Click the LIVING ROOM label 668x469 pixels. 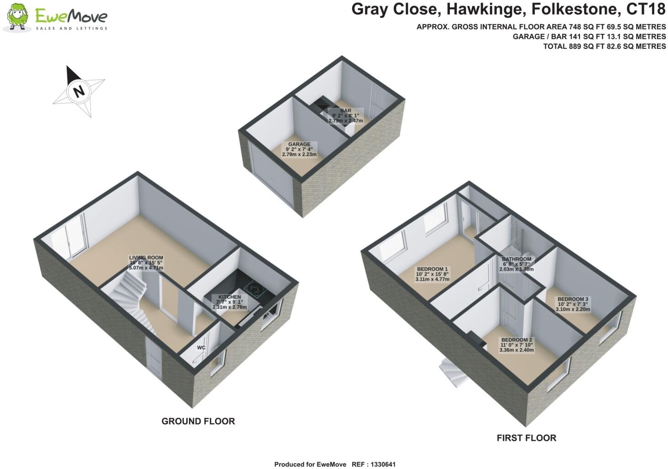pos(146,258)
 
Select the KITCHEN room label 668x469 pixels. pos(229,297)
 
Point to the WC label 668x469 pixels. pos(201,348)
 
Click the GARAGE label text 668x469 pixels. pos(299,144)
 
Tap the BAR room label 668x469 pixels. pos(345,111)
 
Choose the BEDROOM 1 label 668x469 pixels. pos(432,269)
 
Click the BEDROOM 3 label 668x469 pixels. pos(573,299)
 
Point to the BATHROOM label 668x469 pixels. pos(517,259)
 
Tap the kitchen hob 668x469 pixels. pos(254,287)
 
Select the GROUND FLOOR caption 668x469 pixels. pos(198,421)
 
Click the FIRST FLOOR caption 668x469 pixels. pos(526,438)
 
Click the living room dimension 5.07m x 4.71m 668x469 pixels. pos(146,268)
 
